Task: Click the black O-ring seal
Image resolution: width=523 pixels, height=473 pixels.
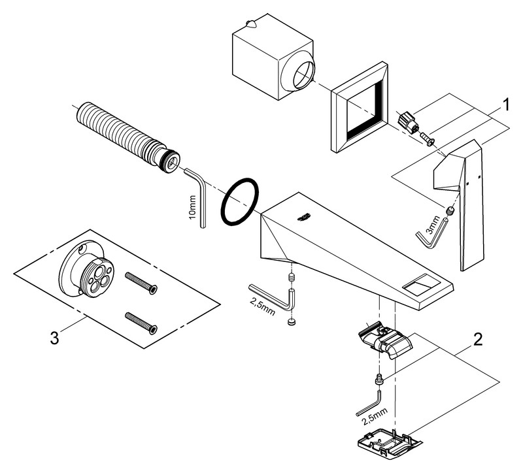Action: (x=239, y=201)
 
